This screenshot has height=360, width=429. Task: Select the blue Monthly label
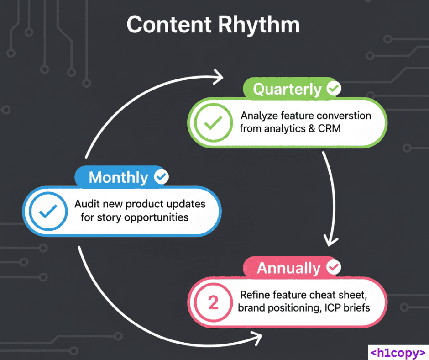point(118,177)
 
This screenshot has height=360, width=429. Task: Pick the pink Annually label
point(288,268)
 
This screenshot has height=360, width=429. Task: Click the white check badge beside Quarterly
point(334,89)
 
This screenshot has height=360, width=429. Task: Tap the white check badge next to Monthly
point(161,177)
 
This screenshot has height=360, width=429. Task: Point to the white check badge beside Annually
point(334,267)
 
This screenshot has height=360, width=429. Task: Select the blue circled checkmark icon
point(48,211)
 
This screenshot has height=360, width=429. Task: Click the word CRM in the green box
point(329,128)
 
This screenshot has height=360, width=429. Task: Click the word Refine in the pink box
point(255,295)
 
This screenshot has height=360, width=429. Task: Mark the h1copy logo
point(397,352)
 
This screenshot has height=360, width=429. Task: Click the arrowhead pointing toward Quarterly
point(219,77)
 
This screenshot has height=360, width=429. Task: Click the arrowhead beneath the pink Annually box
point(257,339)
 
